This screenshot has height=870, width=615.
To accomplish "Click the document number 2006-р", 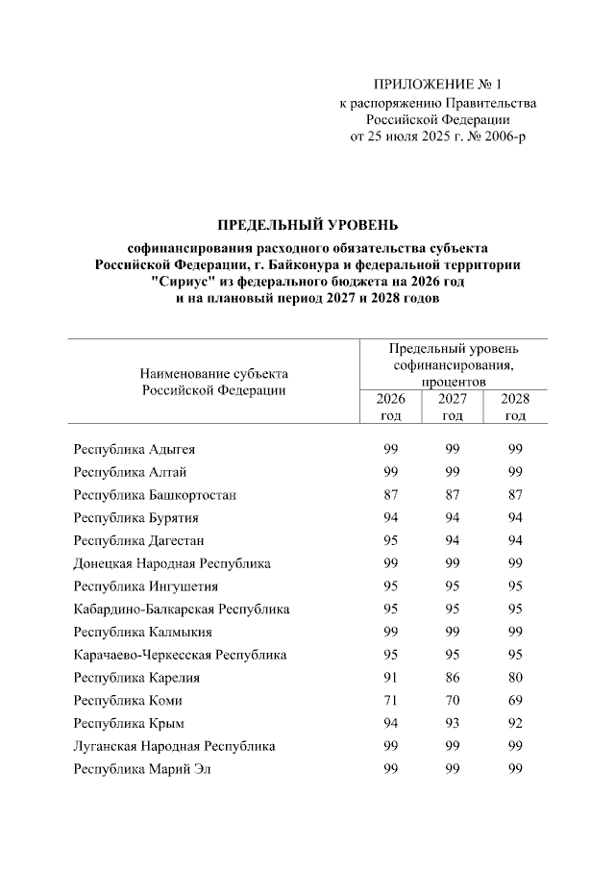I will [x=504, y=137].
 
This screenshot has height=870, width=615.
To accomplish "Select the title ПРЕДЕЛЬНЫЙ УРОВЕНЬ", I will [x=307, y=226].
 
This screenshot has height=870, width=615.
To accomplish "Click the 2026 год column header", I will [x=390, y=407].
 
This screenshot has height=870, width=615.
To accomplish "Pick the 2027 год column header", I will [x=453, y=407].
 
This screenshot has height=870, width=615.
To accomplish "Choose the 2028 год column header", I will [x=515, y=407].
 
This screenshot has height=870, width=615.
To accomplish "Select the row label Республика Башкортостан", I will [x=155, y=495].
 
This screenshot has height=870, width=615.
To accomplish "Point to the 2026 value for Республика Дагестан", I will [x=390, y=540].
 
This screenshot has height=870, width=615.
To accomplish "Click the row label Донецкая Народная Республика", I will [x=172, y=563].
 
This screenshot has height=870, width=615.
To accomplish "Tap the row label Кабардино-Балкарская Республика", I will [x=182, y=609].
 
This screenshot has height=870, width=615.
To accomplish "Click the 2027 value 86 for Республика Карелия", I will [x=453, y=678].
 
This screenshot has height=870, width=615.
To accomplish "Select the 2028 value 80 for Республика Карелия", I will [x=515, y=678].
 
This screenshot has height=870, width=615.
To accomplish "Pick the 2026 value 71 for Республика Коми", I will [x=390, y=701].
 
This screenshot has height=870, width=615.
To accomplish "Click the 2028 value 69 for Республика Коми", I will [x=515, y=701].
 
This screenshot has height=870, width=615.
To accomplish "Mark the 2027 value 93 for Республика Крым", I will [x=453, y=723].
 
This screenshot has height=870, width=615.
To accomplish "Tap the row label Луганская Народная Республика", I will [x=174, y=746].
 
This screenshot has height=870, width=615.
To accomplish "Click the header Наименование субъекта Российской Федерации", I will [x=213, y=381].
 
